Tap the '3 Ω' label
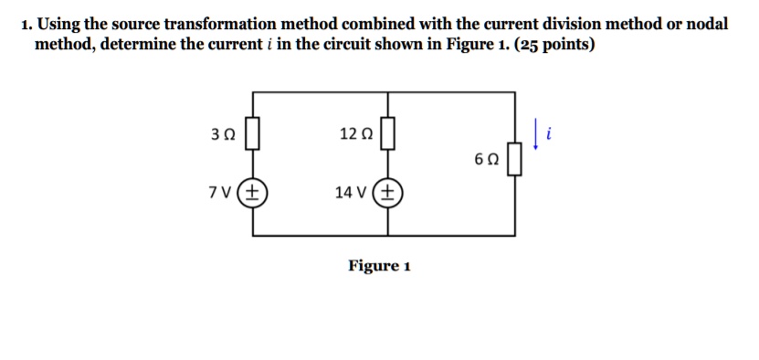pyautogui.click(x=223, y=134)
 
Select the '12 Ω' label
pyautogui.click(x=355, y=134)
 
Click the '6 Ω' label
pyautogui.click(x=486, y=159)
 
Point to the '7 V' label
pyautogui.click(x=220, y=193)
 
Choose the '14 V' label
pyautogui.click(x=351, y=193)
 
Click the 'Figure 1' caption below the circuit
pyautogui.click(x=379, y=266)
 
